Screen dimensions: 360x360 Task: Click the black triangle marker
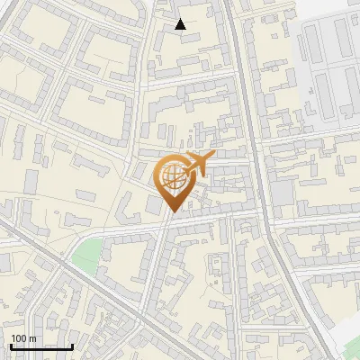[181, 24]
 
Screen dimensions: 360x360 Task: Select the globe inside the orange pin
[171, 178]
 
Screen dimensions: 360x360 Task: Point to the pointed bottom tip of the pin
[171, 212]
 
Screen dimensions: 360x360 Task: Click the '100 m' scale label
[23, 338]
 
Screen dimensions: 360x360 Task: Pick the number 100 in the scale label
[20, 338]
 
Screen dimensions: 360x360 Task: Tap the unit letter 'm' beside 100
[32, 338]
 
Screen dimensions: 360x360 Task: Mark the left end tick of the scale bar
[11, 346]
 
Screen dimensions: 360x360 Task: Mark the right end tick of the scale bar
[72, 346]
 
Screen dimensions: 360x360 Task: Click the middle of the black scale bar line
[41, 347]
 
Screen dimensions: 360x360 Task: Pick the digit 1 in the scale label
[13, 338]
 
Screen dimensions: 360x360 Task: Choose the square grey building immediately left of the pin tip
[155, 206]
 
